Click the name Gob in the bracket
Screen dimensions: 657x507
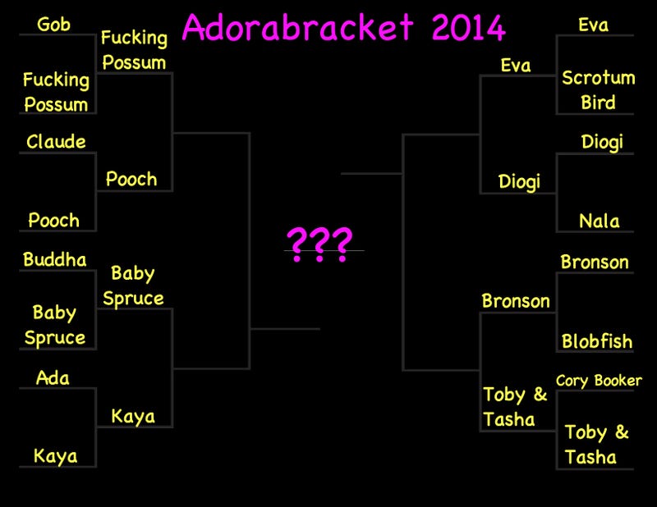coord(53,25)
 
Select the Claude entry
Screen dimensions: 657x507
coord(56,141)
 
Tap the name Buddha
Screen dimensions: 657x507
coord(55,259)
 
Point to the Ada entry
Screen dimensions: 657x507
coord(53,377)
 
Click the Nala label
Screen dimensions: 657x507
coord(600,221)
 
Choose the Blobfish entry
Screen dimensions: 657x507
coord(597,340)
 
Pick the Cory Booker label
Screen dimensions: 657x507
coord(599,381)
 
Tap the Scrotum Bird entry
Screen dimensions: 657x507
coord(599,90)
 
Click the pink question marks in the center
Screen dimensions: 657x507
coord(319,244)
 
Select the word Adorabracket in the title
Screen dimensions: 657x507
coord(298,27)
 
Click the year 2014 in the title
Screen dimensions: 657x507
coord(468,28)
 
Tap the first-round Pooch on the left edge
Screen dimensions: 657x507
coord(53,220)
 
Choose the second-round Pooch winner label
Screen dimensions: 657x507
coord(131,179)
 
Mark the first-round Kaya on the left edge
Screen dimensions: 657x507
coord(55,456)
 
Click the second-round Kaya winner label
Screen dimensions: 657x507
coord(133,416)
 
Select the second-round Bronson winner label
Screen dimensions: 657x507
coord(516,301)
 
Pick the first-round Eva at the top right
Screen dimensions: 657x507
coord(593,25)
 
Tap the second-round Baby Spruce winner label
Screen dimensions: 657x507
coord(133,286)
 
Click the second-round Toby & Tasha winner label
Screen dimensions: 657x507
coord(515,407)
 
